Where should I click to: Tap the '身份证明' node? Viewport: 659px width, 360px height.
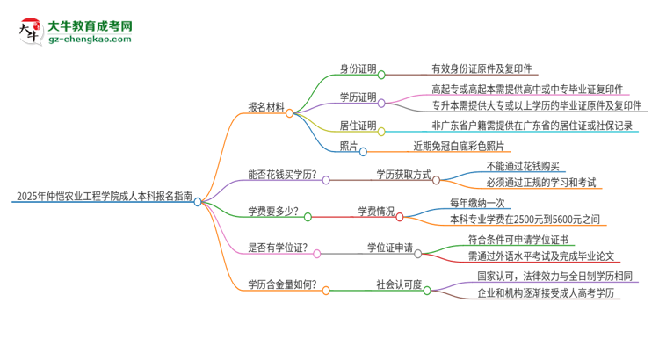(358, 68)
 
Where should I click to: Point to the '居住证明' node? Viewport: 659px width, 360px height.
(358, 126)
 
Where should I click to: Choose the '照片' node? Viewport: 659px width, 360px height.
(349, 146)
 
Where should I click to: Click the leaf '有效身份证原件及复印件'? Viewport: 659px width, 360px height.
(481, 68)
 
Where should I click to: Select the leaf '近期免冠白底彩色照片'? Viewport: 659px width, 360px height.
(459, 146)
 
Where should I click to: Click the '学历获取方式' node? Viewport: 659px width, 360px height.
(403, 174)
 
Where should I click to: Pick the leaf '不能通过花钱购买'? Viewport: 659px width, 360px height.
(522, 166)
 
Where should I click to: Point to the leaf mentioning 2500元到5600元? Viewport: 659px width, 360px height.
(525, 220)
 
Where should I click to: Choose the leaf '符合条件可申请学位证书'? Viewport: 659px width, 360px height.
(518, 240)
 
